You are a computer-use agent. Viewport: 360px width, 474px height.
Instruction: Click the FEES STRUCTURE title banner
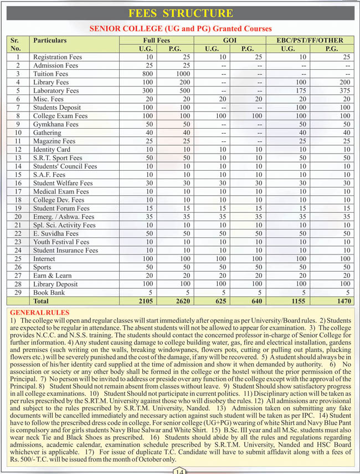click(180, 13)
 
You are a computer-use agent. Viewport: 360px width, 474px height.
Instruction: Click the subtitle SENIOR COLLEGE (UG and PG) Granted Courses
click(181, 28)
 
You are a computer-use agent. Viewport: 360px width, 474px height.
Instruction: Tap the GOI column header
click(229, 40)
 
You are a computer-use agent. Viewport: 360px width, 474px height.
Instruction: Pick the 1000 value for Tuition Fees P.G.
click(182, 74)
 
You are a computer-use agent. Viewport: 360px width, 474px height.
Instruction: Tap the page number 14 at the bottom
click(179, 471)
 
